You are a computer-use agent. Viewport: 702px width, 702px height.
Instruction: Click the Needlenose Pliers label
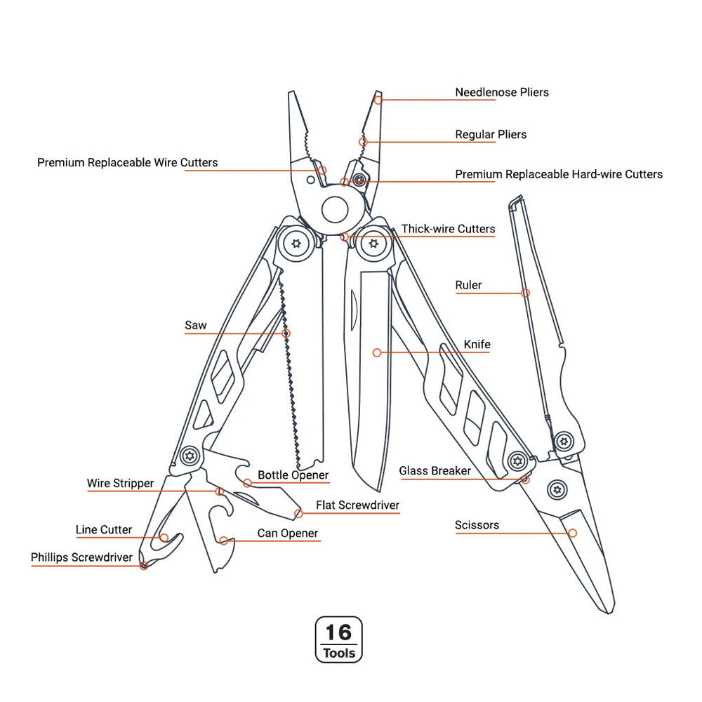[501, 92]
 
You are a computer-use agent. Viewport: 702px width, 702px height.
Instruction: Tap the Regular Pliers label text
[490, 134]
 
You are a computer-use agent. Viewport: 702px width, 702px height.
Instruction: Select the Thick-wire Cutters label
[448, 229]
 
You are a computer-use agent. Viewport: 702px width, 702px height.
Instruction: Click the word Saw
[196, 325]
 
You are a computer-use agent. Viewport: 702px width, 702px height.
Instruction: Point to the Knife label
[477, 345]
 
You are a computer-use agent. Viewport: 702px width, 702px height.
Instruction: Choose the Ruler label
[468, 285]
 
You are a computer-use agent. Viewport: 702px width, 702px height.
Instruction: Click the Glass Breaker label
[435, 470]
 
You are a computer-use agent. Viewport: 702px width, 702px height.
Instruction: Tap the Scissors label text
[477, 524]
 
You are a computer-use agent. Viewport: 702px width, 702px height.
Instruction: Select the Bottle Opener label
[293, 475]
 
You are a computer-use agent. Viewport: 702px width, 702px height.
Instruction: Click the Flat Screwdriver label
[357, 505]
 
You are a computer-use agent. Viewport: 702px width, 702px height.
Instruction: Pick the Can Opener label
[287, 533]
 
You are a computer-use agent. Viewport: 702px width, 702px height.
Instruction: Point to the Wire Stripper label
[120, 483]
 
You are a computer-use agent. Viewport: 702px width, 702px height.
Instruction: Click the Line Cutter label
[104, 529]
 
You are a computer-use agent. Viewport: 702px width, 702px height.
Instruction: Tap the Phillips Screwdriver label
[81, 557]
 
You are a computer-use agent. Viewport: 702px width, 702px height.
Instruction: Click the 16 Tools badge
[339, 640]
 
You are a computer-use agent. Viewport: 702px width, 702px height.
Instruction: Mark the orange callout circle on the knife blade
[377, 352]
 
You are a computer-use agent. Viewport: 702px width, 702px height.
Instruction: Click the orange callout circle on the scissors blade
[572, 534]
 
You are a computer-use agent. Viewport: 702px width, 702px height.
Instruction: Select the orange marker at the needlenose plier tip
[378, 100]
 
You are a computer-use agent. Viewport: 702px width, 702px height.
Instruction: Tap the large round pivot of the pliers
[336, 209]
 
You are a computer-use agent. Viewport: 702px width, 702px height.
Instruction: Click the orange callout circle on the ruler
[525, 293]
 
